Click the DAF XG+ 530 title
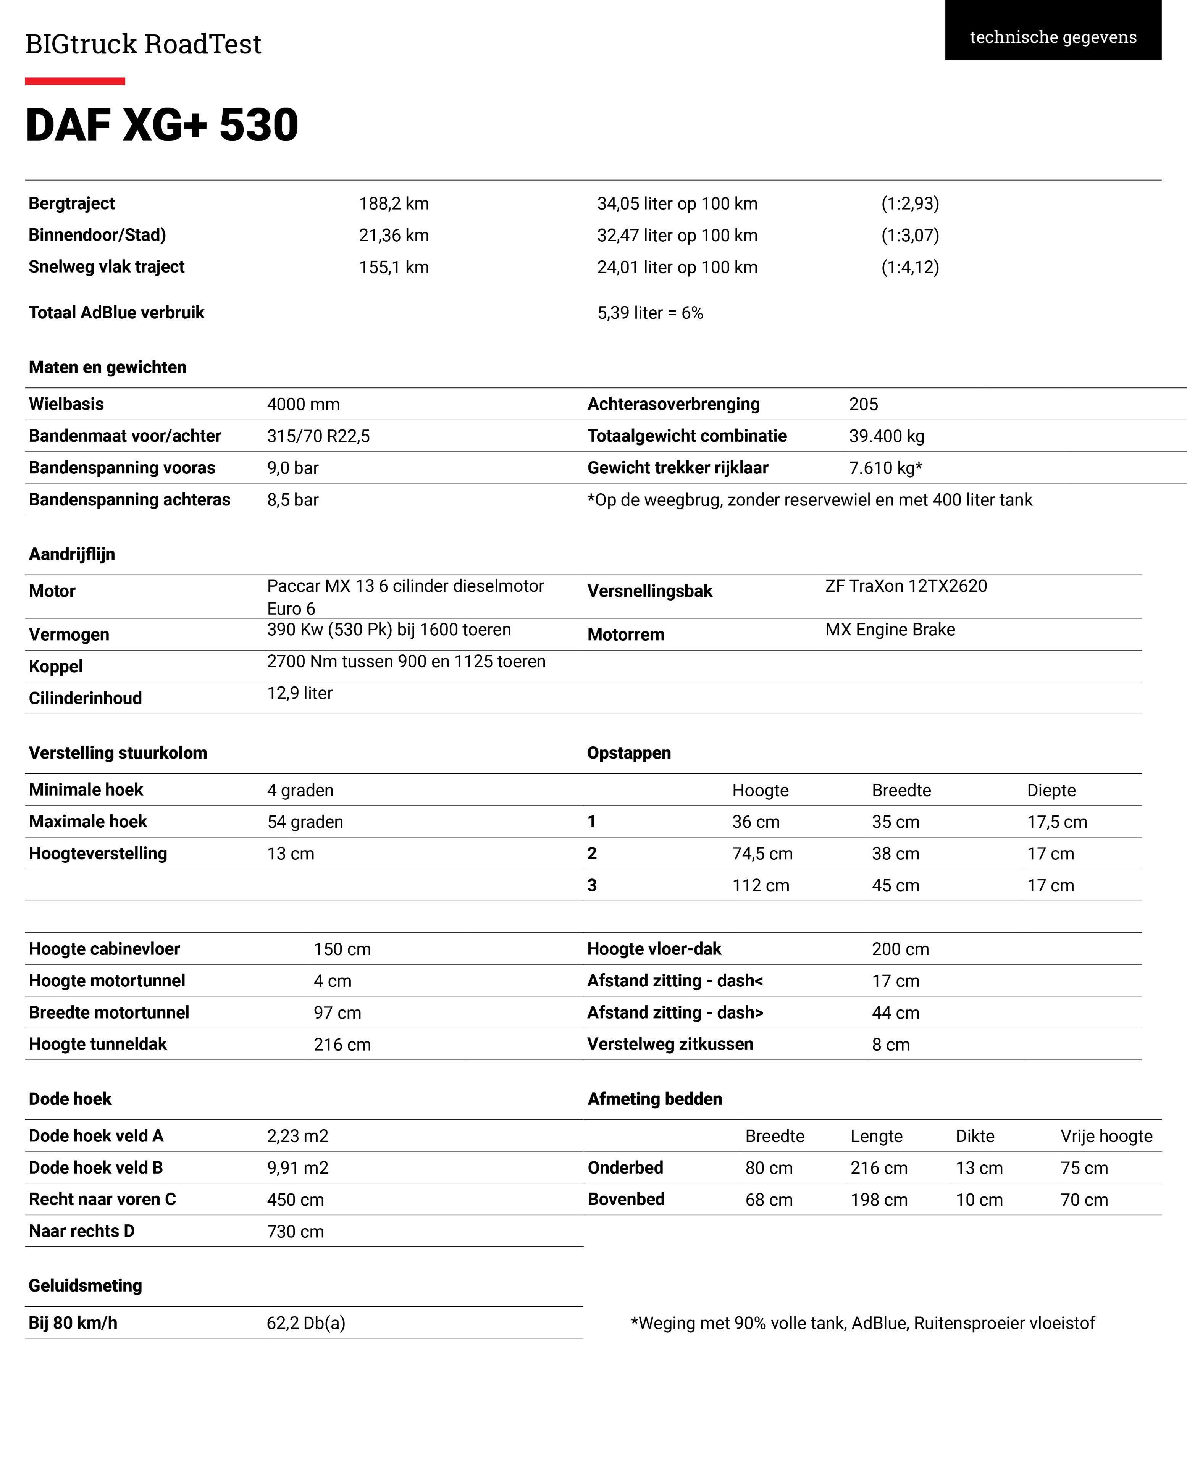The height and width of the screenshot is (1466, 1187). (x=162, y=125)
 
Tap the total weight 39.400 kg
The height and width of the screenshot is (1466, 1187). (x=886, y=436)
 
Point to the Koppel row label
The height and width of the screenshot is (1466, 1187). (x=55, y=666)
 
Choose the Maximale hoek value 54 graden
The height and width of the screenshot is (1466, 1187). (x=305, y=822)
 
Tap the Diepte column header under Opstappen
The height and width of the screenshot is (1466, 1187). (x=1051, y=790)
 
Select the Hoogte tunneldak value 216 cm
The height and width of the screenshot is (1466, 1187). (x=342, y=1045)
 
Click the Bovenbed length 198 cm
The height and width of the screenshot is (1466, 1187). (x=879, y=1200)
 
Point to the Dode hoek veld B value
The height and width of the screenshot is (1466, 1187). (x=297, y=1168)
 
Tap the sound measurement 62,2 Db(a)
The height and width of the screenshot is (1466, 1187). (x=306, y=1323)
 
